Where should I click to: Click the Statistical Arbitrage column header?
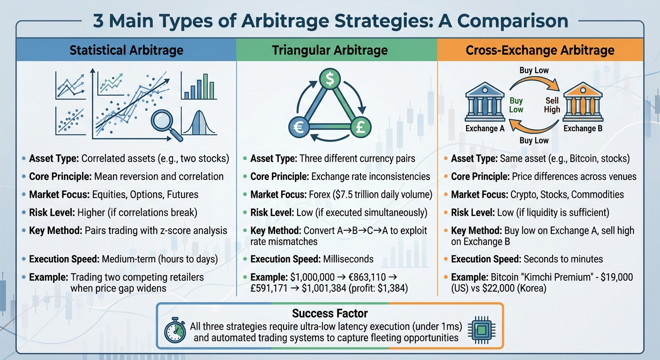pyautogui.click(x=126, y=50)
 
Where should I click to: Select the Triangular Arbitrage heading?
pyautogui.click(x=330, y=50)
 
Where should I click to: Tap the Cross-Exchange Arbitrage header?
pyautogui.click(x=540, y=50)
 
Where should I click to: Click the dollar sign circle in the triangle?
pyautogui.click(x=330, y=80)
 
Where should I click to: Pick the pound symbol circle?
pyautogui.click(x=361, y=127)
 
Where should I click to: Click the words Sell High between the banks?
pyautogui.click(x=552, y=105)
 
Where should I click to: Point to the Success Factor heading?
pyautogui.click(x=330, y=313)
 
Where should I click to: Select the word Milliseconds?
pyautogui.click(x=349, y=259)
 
